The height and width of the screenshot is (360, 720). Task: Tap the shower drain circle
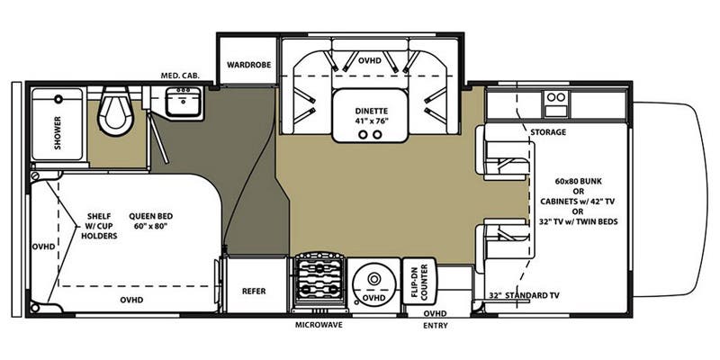58,98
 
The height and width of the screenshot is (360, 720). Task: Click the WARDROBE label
249,65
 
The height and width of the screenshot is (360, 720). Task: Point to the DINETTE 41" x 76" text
372,116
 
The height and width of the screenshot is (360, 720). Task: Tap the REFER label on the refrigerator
254,291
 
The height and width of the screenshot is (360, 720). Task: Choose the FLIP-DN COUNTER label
420,282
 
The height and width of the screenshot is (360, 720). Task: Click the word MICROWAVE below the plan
319,325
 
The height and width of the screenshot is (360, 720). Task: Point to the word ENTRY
435,326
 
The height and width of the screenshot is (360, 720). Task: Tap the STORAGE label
548,132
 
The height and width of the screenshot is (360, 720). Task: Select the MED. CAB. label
180,76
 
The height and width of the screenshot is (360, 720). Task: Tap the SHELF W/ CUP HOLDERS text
102,226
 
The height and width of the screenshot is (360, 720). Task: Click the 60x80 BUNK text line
578,181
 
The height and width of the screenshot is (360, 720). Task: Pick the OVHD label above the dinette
370,60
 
